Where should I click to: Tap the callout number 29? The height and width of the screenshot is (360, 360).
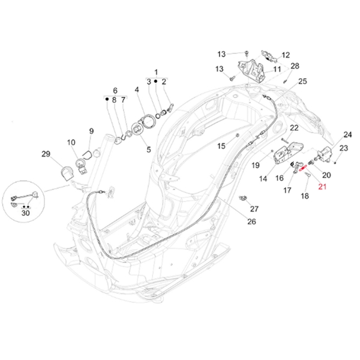click(46, 155)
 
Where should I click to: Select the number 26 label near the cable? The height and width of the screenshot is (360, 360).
click(251, 221)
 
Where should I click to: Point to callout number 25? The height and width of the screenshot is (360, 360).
click(302, 82)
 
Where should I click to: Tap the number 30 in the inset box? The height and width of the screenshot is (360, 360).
click(25, 212)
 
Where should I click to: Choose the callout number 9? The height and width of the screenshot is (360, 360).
click(91, 131)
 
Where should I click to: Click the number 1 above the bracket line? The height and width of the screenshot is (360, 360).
click(156, 71)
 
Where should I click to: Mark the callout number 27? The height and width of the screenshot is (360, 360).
click(254, 209)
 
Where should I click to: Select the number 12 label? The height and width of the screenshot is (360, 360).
click(285, 55)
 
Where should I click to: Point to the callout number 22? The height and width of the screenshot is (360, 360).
click(294, 128)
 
